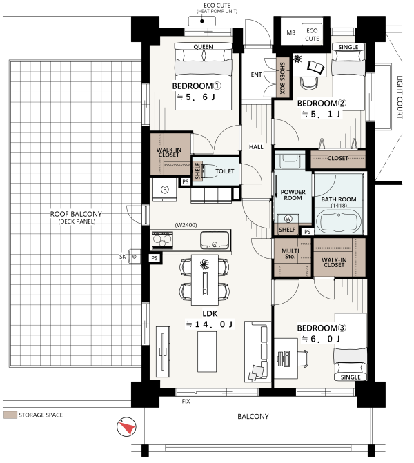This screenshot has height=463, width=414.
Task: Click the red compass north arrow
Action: (x=128, y=427)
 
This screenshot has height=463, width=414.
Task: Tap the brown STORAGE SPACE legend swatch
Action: (x=10, y=415)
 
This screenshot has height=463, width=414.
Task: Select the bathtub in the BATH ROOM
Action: (x=339, y=221)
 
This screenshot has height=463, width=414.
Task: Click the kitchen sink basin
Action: (x=215, y=239)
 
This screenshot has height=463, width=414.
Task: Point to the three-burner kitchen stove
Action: (x=162, y=239)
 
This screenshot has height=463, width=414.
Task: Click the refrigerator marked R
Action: (x=165, y=189)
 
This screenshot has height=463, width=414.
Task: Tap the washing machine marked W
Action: (x=288, y=219)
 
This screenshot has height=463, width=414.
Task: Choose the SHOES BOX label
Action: (x=282, y=78)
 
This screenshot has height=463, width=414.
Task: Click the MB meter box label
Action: (x=291, y=32)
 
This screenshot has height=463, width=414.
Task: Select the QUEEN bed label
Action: (x=203, y=47)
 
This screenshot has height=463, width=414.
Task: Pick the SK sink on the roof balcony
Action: (x=135, y=257)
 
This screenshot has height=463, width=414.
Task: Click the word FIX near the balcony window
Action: (x=186, y=401)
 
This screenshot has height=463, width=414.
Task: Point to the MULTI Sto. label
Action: (x=290, y=254)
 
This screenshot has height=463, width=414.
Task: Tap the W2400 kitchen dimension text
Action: (x=186, y=225)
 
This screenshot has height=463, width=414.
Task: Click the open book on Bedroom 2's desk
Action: (x=315, y=67)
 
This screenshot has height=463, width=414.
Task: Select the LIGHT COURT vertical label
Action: (x=400, y=97)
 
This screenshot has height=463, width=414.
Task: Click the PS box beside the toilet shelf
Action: (x=186, y=182)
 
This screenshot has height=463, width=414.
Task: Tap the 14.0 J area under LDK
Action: (x=210, y=324)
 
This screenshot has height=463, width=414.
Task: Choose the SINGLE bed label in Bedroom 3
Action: (x=351, y=377)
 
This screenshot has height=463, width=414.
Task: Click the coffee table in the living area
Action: (x=207, y=352)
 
